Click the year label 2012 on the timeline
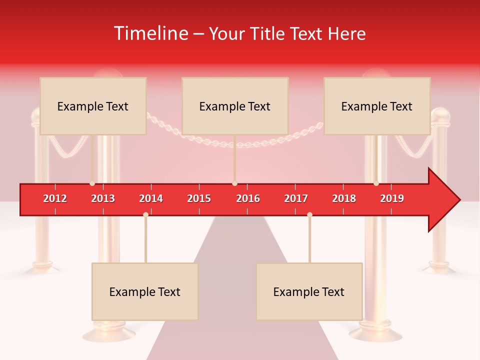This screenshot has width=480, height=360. click(x=55, y=198)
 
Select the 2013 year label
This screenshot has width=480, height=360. click(x=103, y=198)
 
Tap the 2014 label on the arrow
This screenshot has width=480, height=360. click(x=151, y=198)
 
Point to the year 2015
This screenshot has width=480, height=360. click(x=199, y=198)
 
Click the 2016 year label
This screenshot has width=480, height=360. click(x=248, y=198)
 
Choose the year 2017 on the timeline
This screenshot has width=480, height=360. click(x=296, y=198)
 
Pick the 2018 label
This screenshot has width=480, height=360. click(x=344, y=198)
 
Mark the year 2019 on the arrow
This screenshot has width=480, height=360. click(x=392, y=198)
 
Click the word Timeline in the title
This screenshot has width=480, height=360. click(x=150, y=33)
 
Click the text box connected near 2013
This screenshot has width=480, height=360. click(x=93, y=106)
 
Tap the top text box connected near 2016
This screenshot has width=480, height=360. click(x=235, y=106)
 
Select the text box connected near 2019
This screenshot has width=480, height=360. click(x=377, y=106)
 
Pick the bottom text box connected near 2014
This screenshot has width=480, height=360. click(x=145, y=291)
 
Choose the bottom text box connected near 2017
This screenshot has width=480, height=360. click(x=309, y=291)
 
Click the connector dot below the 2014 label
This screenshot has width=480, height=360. click(x=145, y=214)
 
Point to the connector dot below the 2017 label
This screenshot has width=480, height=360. click(x=309, y=214)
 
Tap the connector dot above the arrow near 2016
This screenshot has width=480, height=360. click(x=234, y=183)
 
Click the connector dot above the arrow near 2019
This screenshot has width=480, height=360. click(x=376, y=183)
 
